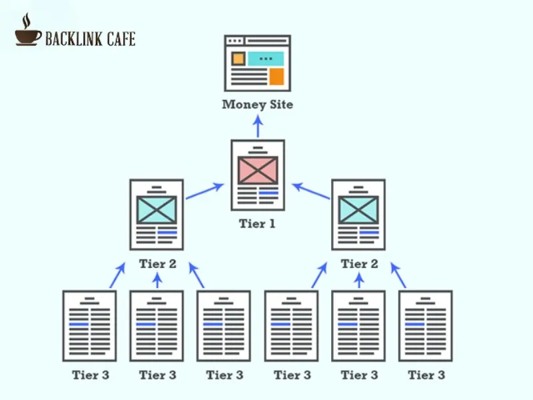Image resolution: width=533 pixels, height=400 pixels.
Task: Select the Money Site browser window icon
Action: pos(258,63)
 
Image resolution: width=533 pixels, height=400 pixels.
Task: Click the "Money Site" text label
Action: pos(257,105)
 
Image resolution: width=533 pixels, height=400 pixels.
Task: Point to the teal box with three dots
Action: pos(266,59)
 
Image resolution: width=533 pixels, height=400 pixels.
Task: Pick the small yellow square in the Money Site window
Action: pos(238,59)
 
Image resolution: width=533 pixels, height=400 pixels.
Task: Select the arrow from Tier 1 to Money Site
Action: pos(258,125)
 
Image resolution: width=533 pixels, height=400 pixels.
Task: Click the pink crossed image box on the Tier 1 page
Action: pos(258,171)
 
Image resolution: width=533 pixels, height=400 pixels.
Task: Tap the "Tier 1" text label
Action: pos(257,224)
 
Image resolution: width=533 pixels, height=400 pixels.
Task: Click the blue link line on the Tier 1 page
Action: pos(268,193)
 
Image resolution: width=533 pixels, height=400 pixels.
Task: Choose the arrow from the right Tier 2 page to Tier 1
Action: pos(311,191)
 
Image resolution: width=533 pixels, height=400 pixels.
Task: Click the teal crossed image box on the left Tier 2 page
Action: pos(157,210)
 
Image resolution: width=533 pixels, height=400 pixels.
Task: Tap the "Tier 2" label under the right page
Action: pos(359,264)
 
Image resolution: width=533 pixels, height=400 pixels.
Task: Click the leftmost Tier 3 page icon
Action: pos(89,325)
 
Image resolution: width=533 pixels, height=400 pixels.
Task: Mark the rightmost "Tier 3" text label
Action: pos(426,375)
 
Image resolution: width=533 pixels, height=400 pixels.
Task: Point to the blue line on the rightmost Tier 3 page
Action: pos(415,324)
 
